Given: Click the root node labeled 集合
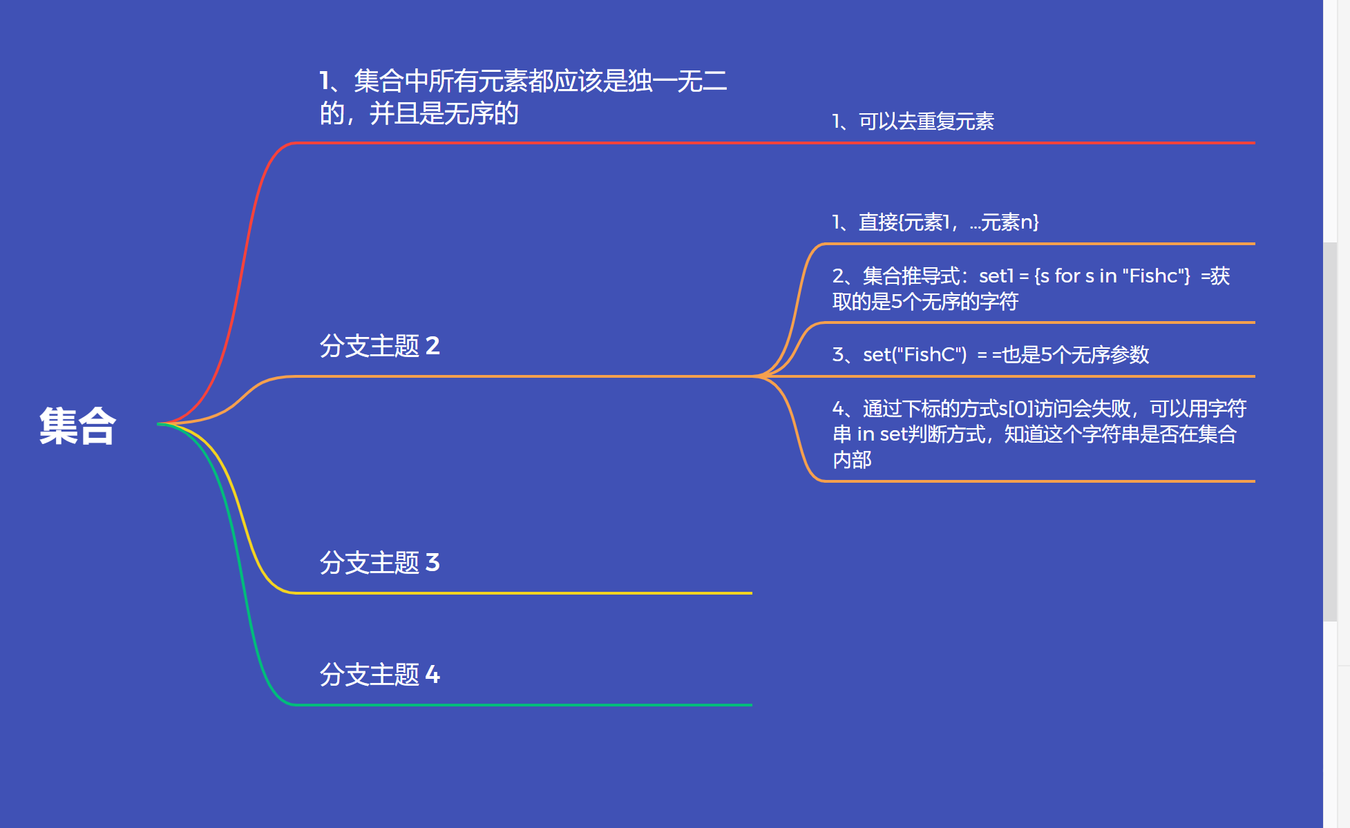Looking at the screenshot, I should [77, 425].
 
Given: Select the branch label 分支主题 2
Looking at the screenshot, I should [379, 345].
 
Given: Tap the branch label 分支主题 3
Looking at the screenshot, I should [379, 562].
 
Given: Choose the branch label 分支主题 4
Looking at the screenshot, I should [379, 674].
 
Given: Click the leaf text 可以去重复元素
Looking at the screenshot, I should [926, 122].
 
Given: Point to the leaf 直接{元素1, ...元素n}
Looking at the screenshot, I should [935, 222].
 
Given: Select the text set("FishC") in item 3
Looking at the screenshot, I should [915, 354].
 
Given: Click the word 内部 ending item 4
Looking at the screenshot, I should [852, 459].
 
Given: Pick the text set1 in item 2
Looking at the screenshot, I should [996, 276].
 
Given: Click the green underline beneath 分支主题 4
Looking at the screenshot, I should [525, 705].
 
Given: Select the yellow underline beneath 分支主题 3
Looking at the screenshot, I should [525, 593].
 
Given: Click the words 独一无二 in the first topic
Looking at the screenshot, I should [677, 81].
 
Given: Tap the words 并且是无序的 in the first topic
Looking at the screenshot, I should [444, 113].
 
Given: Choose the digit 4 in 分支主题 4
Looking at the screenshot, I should [432, 674].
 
